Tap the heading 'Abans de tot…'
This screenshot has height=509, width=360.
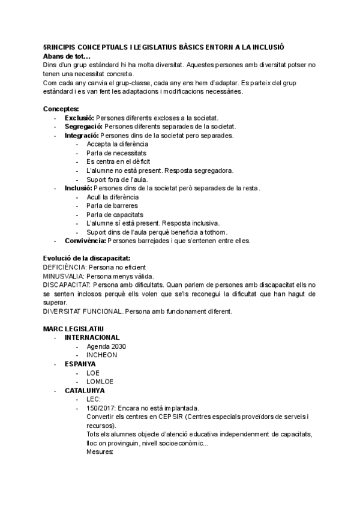(67, 56)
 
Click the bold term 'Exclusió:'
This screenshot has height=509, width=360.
(80, 118)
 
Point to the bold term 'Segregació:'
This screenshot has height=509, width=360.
(84, 127)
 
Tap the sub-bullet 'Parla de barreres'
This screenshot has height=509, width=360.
(112, 206)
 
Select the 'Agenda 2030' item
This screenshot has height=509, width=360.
(106, 346)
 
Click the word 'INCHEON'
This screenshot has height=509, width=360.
(101, 355)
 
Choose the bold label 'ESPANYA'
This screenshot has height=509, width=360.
(80, 364)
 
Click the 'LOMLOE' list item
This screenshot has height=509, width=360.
(100, 381)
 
